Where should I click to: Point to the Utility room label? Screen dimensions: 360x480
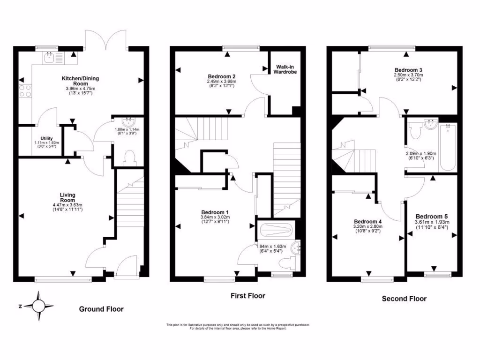coord(46,138)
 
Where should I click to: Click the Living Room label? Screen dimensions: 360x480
coord(67,197)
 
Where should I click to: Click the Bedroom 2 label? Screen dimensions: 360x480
coord(221,76)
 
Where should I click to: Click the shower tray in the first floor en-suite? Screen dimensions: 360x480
coord(277,230)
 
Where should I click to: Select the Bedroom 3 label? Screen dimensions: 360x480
coord(408,69)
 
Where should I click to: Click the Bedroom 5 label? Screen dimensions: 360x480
coord(432,216)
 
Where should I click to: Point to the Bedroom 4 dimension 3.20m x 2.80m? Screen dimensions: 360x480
coord(368,226)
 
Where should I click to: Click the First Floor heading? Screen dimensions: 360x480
coord(247,296)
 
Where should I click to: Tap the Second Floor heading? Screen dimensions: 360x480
coord(404,299)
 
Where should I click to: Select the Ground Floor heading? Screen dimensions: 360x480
coord(101,309)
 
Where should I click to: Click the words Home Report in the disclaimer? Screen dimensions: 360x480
coord(275,328)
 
